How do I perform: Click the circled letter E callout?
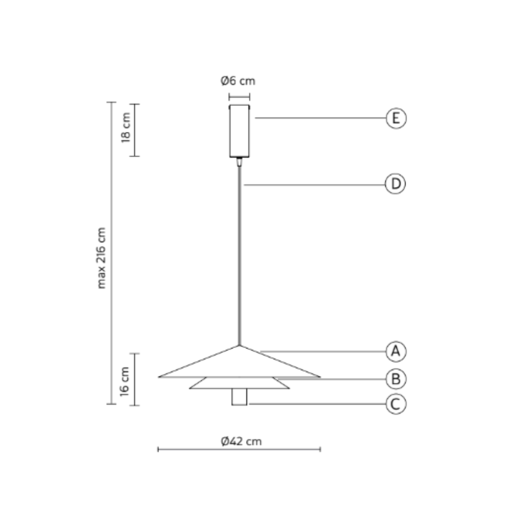pos(396,118)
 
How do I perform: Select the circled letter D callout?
pos(395,184)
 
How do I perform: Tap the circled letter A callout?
pos(396,351)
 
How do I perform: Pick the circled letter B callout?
pos(396,379)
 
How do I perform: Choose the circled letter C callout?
pos(396,404)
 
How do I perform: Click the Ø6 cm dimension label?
pos(238,81)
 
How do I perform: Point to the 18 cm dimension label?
pos(126,128)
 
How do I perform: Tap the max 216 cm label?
pos(101,258)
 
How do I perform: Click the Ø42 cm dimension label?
pos(241,441)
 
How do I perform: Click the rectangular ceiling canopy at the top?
pos(239,131)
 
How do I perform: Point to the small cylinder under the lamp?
pos(239,397)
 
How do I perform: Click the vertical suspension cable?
pos(239,251)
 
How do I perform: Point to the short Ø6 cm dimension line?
pos(239,97)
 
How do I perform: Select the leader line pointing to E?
pos(319,118)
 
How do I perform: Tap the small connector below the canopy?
pos(239,161)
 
